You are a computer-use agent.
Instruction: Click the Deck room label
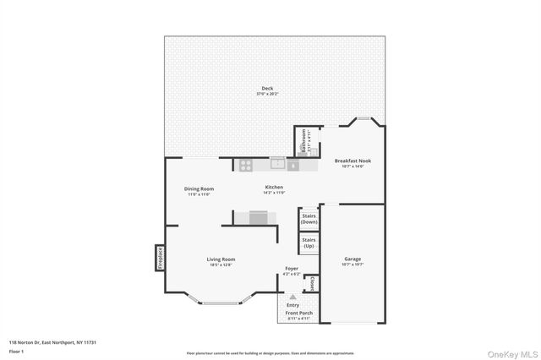[x=267, y=89]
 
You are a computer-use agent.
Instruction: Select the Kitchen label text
[x=274, y=188]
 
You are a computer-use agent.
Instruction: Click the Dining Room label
[x=199, y=189]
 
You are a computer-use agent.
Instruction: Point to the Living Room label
[x=221, y=259]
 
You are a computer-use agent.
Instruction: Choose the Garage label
[x=352, y=259]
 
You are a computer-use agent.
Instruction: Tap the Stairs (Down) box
[x=309, y=219]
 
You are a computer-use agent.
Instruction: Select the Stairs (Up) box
[x=309, y=243]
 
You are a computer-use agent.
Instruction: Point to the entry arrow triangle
[x=292, y=297]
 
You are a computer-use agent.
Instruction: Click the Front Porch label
[x=298, y=314]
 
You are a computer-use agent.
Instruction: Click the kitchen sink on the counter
[x=278, y=162]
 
